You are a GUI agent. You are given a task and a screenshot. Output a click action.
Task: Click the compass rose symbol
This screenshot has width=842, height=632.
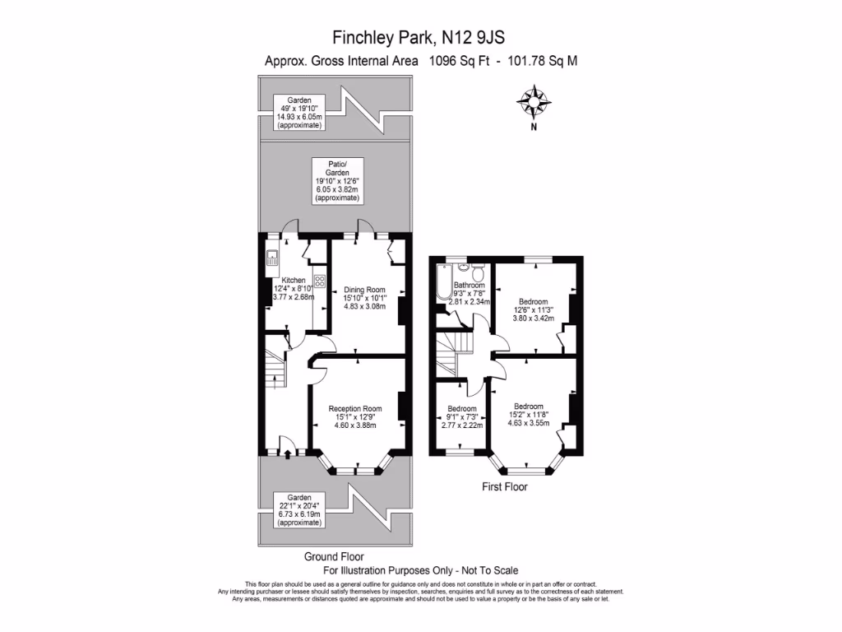pos(534,102)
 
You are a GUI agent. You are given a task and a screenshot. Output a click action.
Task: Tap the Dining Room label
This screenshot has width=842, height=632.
pos(363,290)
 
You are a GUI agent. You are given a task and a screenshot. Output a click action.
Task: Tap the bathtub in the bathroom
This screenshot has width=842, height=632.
pos(443,282)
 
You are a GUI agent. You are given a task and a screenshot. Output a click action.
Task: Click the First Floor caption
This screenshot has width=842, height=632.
pos(505,487)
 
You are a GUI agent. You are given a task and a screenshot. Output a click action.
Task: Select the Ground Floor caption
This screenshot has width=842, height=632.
pos(334,556)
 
